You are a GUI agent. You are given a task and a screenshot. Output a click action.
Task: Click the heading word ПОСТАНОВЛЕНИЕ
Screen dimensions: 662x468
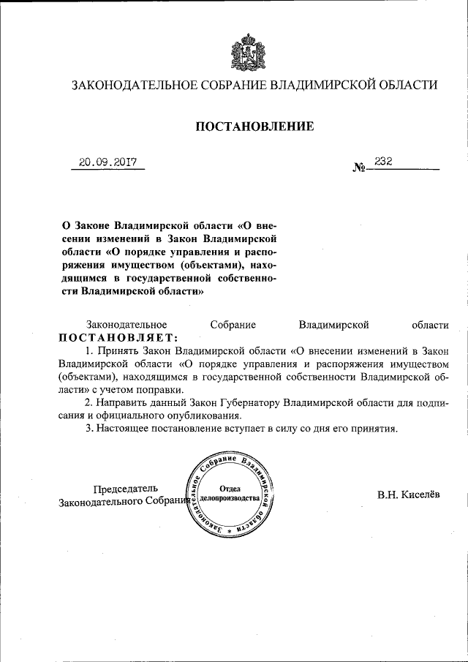(x=254, y=127)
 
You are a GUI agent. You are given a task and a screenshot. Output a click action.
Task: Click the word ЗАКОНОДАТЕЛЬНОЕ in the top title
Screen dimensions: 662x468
(x=135, y=86)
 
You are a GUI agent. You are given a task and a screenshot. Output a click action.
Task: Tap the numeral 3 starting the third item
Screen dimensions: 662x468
(x=88, y=429)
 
